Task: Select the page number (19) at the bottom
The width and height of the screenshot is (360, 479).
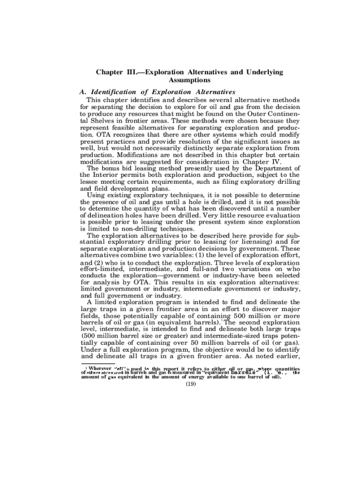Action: point(190,385)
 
